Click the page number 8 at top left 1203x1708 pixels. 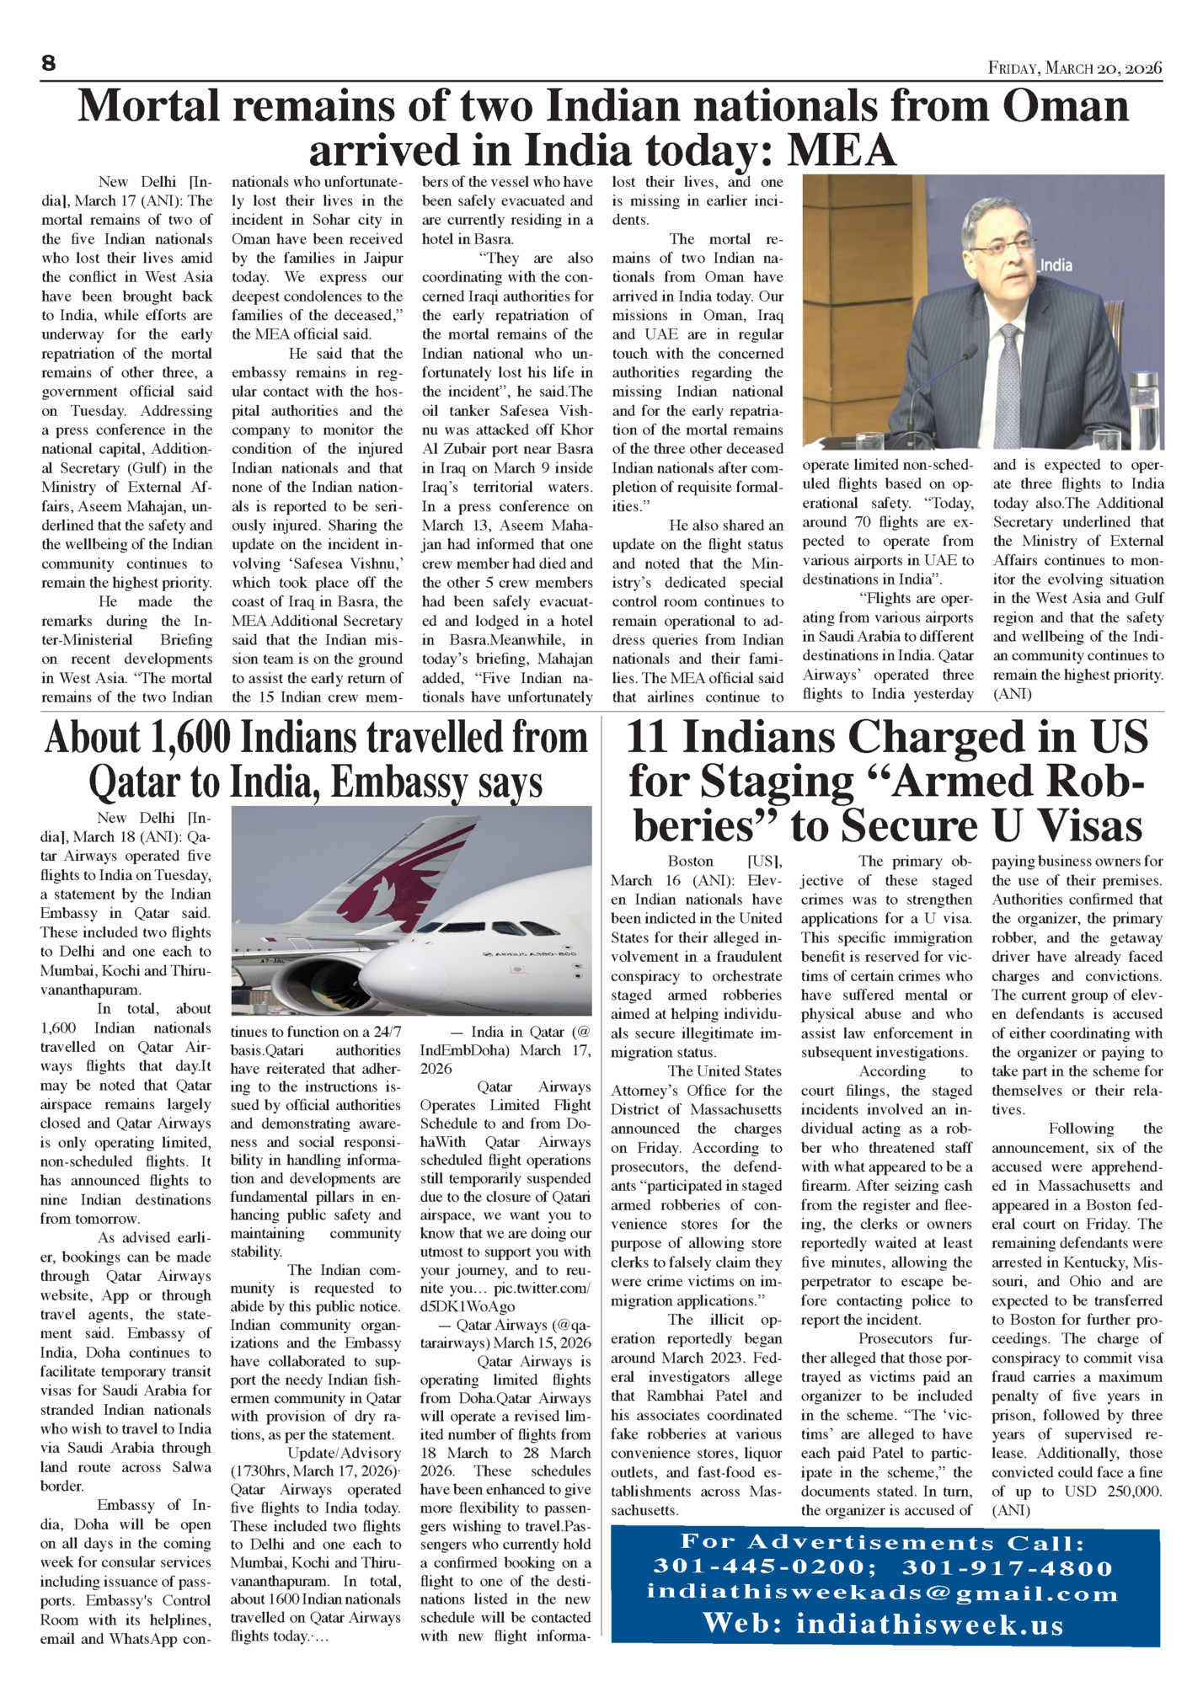pos(48,63)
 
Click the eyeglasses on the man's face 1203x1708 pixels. pos(1002,244)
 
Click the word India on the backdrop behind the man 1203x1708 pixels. pos(1055,265)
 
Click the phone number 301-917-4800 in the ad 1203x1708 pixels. pos(1008,1567)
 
